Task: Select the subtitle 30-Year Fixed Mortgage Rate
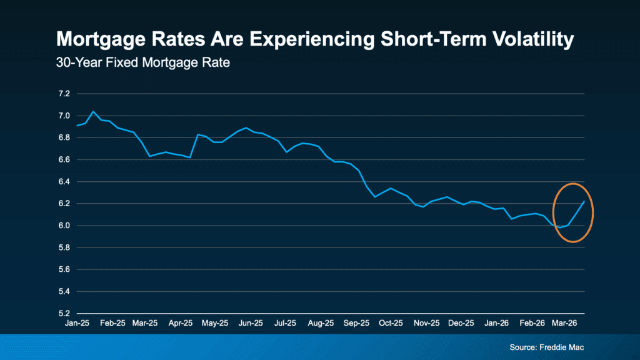point(143,63)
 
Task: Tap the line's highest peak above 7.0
point(93,111)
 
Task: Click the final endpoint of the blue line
point(584,202)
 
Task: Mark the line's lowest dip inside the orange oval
point(560,227)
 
